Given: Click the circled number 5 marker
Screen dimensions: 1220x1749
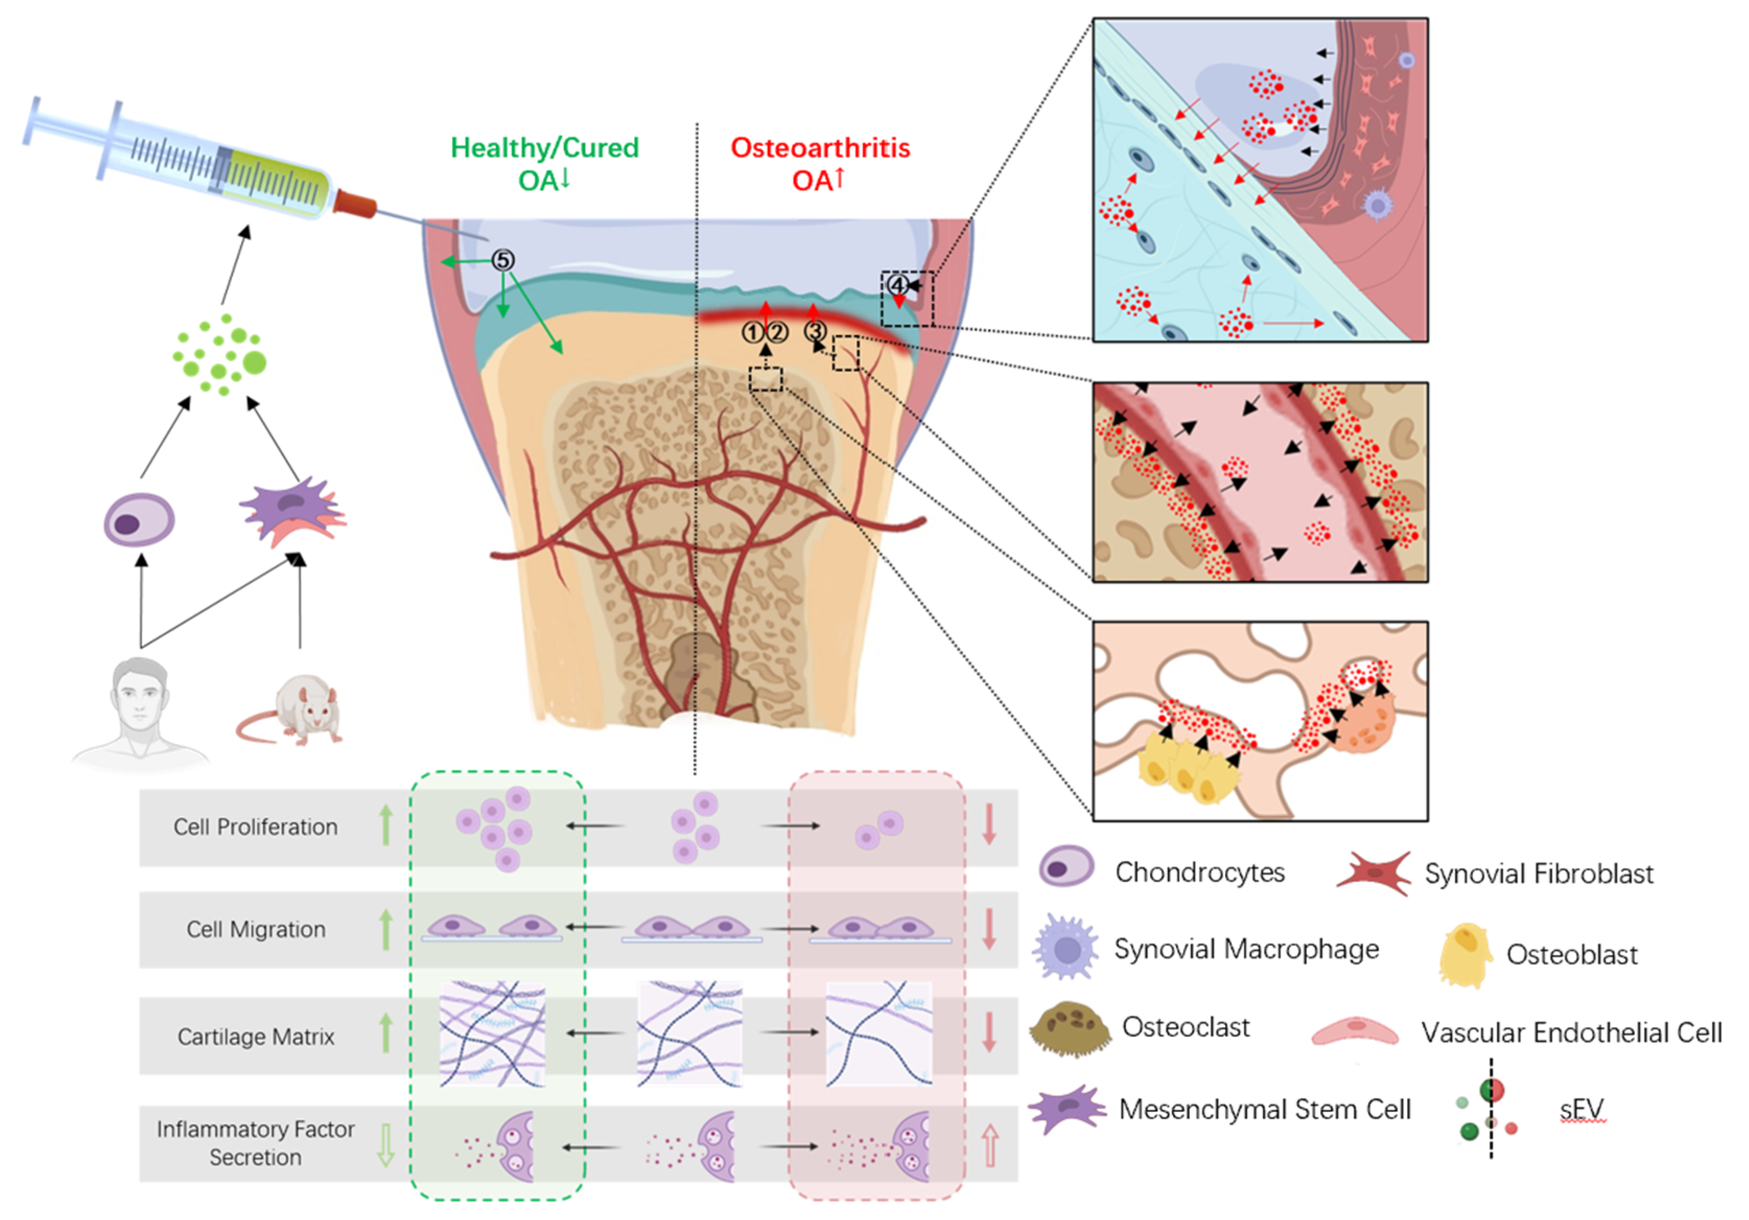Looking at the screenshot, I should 503,260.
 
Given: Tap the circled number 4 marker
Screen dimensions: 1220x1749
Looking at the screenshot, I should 898,286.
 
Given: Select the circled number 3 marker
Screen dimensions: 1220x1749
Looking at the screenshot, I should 815,332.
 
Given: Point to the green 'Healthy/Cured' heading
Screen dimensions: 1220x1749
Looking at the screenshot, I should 545,148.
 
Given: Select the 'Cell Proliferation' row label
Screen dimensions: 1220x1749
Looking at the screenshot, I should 255,827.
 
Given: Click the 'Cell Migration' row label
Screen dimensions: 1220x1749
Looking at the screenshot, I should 256,929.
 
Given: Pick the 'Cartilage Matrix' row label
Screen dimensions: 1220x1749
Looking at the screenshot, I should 256,1036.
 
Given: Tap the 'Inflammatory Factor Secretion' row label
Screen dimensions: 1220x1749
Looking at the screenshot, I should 256,1142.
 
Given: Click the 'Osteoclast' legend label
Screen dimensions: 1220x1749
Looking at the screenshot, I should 1185,1027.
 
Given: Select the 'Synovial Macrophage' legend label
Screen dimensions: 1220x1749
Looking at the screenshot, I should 1246,949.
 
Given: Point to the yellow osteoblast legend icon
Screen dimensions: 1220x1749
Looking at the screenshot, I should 1464,954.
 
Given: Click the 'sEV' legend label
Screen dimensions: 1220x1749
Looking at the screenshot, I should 1581,1109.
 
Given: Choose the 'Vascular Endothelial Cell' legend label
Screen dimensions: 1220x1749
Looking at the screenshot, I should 1571,1033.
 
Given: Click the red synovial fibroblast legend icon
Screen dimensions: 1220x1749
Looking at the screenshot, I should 1374,873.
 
